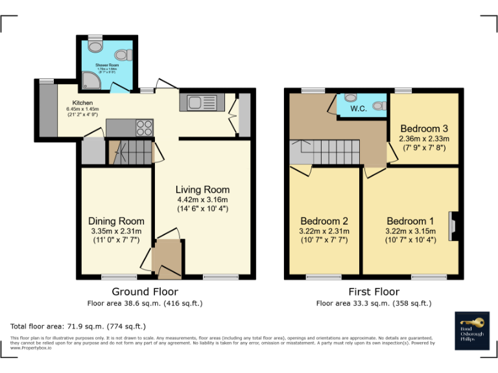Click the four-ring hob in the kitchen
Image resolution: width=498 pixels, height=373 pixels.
[x=144, y=128]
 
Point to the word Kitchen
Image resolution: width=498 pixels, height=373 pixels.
[x=83, y=103]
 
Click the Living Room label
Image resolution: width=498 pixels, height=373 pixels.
[x=202, y=190]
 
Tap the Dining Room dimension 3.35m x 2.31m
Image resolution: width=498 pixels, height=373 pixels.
[x=116, y=231]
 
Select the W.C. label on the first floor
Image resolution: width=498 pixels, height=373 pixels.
[x=359, y=108]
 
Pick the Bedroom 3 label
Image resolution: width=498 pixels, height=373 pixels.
[x=424, y=128]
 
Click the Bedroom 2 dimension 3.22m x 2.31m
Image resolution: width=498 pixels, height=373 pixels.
[x=324, y=231]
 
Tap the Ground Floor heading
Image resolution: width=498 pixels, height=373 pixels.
[x=145, y=291]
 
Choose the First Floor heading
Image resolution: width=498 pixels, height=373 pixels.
[x=373, y=291]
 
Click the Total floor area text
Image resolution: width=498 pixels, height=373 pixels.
[x=78, y=326]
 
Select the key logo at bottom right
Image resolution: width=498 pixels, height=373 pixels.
[x=471, y=322]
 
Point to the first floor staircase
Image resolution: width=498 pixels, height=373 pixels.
[x=324, y=153]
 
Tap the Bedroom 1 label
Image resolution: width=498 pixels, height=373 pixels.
[x=411, y=220]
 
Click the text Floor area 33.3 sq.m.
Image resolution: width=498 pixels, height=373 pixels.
[x=373, y=303]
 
